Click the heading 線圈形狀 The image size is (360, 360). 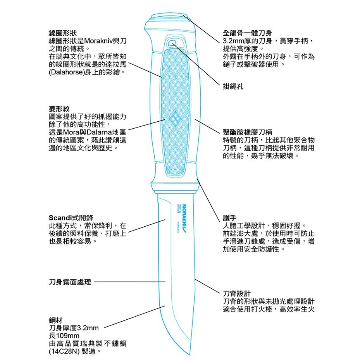[x=63, y=33]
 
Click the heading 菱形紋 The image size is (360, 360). [x=59, y=109]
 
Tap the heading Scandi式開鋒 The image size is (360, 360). [x=71, y=218]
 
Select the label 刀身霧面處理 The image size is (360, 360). [x=70, y=282]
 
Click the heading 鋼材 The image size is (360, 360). [x=56, y=320]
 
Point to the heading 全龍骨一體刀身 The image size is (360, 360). [x=247, y=33]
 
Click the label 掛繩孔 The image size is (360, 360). [x=233, y=86]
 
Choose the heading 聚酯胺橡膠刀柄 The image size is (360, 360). [x=248, y=132]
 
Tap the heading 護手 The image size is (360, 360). [x=229, y=218]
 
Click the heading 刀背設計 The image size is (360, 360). [x=237, y=294]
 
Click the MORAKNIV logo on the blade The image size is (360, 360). [x=184, y=218]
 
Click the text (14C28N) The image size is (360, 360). [x=64, y=351]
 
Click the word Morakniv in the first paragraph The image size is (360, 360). [x=99, y=41]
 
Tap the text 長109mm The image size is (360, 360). [x=64, y=336]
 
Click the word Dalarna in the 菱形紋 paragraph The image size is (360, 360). [x=99, y=132]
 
